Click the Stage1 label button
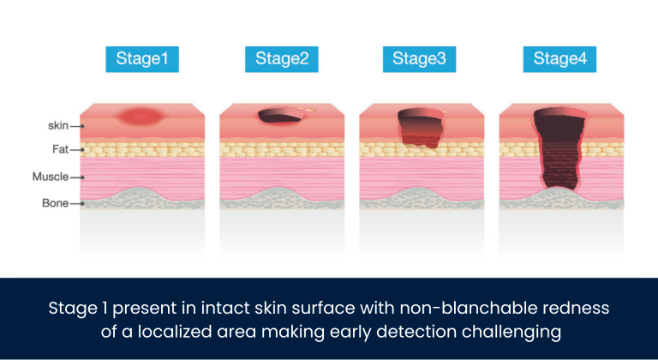click(142, 59)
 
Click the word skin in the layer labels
click(57, 126)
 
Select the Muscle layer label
click(50, 177)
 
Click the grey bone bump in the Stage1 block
click(141, 196)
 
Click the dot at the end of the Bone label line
click(81, 204)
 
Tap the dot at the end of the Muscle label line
click(81, 177)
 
